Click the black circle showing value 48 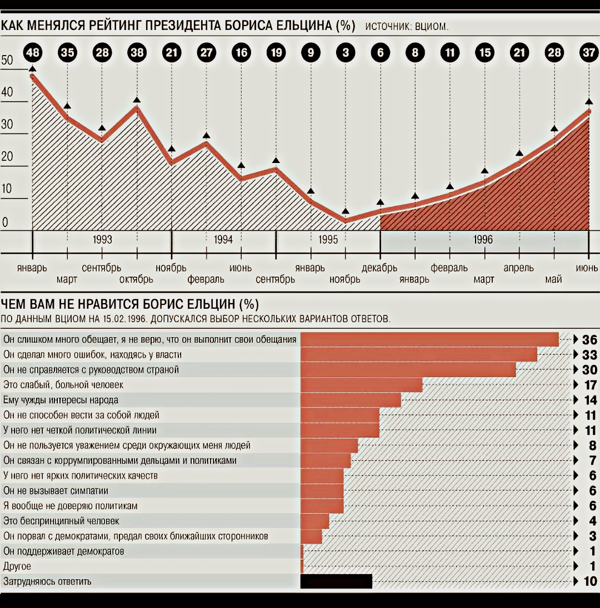[32, 53]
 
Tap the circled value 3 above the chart [346, 53]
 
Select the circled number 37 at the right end [589, 53]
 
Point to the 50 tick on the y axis [7, 61]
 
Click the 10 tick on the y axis [7, 189]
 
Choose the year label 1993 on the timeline [102, 240]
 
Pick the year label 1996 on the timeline [483, 240]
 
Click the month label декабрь [379, 268]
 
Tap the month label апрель [518, 268]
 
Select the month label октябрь [136, 279]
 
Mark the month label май [553, 279]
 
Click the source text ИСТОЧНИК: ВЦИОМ [407, 27]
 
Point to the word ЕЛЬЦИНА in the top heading [304, 26]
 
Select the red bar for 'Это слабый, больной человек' [362, 385]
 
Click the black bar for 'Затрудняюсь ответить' [336, 581]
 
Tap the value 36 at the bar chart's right [589, 340]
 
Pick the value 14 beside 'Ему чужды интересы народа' [589, 400]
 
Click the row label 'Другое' [17, 566]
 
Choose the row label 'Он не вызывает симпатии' [56, 491]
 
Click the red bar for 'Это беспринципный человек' [315, 521]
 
